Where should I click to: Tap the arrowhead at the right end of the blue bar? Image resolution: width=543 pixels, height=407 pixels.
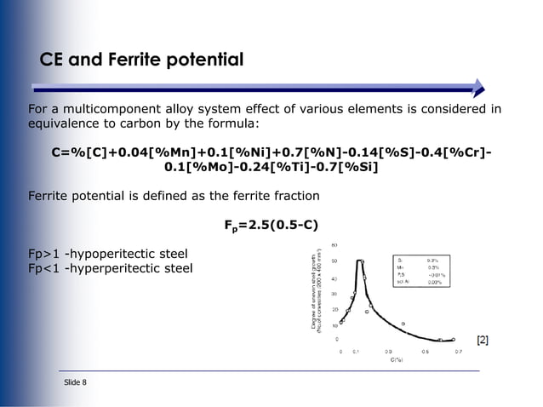click(x=478, y=86)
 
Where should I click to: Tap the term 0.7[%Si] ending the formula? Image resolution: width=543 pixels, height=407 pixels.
click(x=349, y=167)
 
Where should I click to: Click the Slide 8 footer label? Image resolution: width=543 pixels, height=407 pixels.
click(x=75, y=382)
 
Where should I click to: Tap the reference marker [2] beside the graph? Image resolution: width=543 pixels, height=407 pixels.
click(x=483, y=341)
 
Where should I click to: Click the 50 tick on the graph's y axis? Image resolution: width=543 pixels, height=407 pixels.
click(x=335, y=261)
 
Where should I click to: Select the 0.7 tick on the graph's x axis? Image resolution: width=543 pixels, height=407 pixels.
click(x=458, y=351)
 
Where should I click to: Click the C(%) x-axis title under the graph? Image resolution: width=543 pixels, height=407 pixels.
click(x=397, y=361)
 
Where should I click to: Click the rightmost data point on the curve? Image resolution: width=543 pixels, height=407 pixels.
click(x=453, y=339)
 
